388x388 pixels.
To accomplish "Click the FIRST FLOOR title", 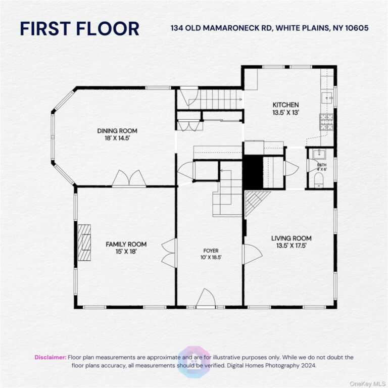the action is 79,29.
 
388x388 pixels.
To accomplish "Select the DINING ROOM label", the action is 117,131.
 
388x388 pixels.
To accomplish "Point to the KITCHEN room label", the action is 285,105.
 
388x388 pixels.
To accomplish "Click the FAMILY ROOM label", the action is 126,244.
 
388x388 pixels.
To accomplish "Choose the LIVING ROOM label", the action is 292,238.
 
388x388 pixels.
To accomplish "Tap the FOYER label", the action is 211,251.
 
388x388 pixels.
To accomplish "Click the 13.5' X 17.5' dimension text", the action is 292,246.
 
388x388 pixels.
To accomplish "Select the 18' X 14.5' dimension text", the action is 117,138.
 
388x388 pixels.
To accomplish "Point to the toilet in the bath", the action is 318,180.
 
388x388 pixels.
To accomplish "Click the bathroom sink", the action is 319,155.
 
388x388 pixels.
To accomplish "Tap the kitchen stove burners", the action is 327,122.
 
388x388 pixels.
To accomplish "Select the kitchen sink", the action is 327,98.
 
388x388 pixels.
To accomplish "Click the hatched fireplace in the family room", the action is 84,243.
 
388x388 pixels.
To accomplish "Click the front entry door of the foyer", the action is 206,299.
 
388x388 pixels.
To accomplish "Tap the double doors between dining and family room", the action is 129,178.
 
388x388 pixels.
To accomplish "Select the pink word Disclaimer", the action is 51,357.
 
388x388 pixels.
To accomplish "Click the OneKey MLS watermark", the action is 368,384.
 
